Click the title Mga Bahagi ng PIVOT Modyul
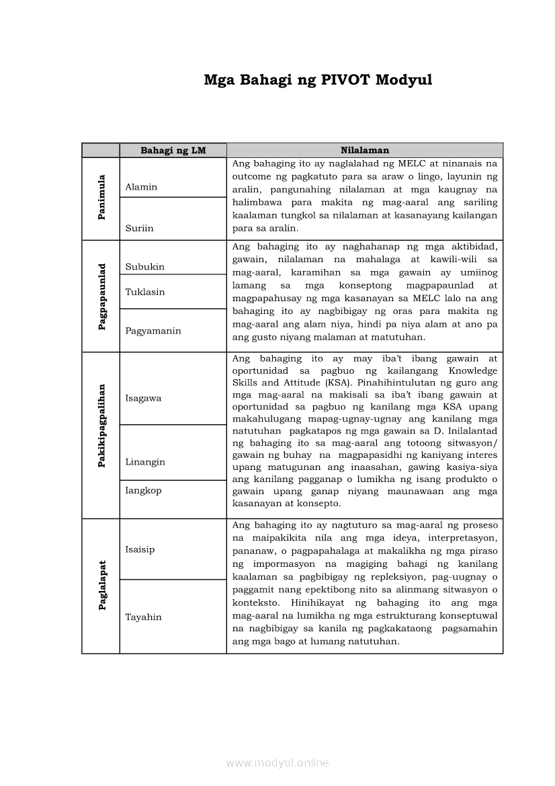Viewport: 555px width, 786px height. click(x=318, y=81)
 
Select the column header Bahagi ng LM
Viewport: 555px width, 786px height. click(x=173, y=151)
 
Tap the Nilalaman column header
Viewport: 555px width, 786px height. click(x=364, y=151)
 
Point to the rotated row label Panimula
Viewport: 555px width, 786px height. click(x=101, y=198)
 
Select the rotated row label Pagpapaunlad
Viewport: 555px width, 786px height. click(x=101, y=297)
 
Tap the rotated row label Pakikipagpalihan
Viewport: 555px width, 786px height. click(x=101, y=434)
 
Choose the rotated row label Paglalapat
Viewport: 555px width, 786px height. click(x=101, y=586)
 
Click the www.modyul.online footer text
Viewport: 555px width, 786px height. click(x=277, y=762)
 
